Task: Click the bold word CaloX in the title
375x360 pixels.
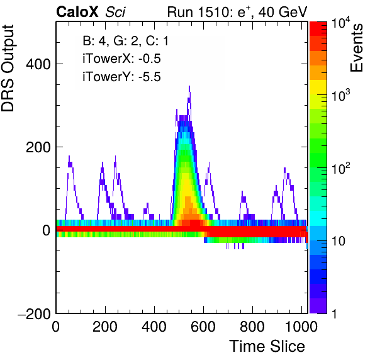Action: pyautogui.click(x=77, y=12)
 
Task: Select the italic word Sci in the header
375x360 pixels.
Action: pyautogui.click(x=115, y=12)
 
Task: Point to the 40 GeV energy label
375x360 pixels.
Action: pyautogui.click(x=283, y=12)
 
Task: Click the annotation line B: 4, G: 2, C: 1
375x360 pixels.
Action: pyautogui.click(x=126, y=41)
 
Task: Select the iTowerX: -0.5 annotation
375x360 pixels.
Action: pyautogui.click(x=121, y=59)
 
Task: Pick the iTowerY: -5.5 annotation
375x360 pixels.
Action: pyautogui.click(x=121, y=77)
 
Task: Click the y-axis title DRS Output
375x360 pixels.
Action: pyautogui.click(x=8, y=68)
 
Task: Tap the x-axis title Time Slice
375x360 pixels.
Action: pyautogui.click(x=267, y=346)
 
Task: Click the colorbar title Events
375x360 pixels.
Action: pyautogui.click(x=357, y=48)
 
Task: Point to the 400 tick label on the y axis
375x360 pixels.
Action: pyautogui.click(x=38, y=64)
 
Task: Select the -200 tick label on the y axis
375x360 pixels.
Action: pyautogui.click(x=35, y=313)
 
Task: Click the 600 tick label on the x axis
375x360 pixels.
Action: pyautogui.click(x=203, y=327)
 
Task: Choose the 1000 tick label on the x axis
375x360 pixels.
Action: pyautogui.click(x=301, y=327)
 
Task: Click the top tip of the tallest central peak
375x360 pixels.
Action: pyautogui.click(x=189, y=86)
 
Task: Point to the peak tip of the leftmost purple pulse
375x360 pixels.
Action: pyautogui.click(x=69, y=156)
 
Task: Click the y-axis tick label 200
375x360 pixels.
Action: pyautogui.click(x=38, y=148)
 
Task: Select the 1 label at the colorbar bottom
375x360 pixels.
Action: pyautogui.click(x=335, y=314)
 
